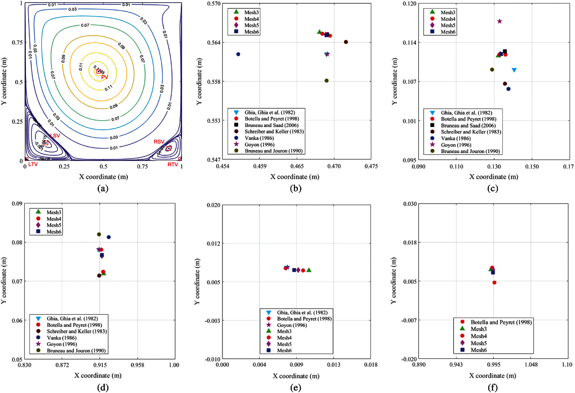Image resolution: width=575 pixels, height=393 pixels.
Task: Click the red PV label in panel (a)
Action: click(x=104, y=77)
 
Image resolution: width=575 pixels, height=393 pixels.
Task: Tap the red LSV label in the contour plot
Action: click(x=55, y=136)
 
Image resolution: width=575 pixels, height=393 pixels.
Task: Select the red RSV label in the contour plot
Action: click(x=159, y=142)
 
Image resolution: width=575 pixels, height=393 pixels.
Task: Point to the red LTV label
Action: click(x=33, y=164)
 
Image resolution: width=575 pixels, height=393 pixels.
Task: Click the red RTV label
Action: click(x=173, y=165)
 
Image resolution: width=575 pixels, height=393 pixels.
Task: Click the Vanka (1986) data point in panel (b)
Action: click(x=238, y=54)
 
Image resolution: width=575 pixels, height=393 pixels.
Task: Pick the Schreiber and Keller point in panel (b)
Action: click(x=346, y=42)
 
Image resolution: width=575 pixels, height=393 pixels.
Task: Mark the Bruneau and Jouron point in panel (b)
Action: click(x=327, y=80)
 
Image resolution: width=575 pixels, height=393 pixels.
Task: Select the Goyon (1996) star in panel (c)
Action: click(x=500, y=21)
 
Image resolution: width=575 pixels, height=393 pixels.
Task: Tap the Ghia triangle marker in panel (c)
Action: click(x=514, y=70)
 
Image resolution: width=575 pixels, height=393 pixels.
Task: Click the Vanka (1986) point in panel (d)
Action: click(x=109, y=237)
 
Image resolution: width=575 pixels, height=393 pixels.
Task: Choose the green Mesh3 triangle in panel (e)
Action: click(x=309, y=270)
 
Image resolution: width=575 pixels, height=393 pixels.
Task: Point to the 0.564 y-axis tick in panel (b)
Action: click(x=214, y=42)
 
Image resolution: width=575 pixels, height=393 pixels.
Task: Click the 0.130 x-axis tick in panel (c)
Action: click(x=494, y=167)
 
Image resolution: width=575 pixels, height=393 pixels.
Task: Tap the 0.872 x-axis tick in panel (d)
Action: click(x=62, y=365)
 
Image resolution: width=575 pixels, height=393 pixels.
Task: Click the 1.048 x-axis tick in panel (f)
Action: click(x=531, y=365)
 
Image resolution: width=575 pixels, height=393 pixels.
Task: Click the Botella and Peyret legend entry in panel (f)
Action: click(x=501, y=322)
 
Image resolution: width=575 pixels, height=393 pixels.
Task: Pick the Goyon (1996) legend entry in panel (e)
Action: click(x=292, y=325)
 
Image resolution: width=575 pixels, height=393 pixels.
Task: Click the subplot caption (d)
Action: click(x=103, y=387)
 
